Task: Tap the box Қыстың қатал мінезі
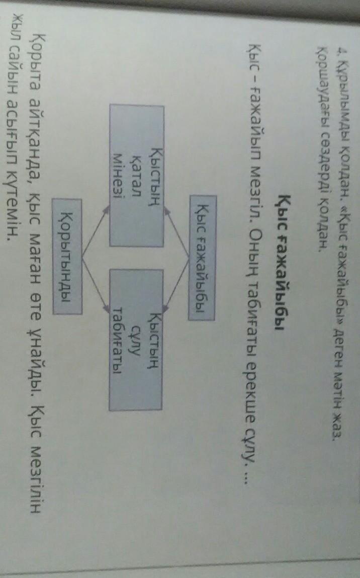click(x=137, y=175)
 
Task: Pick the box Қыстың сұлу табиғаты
click(x=137, y=340)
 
